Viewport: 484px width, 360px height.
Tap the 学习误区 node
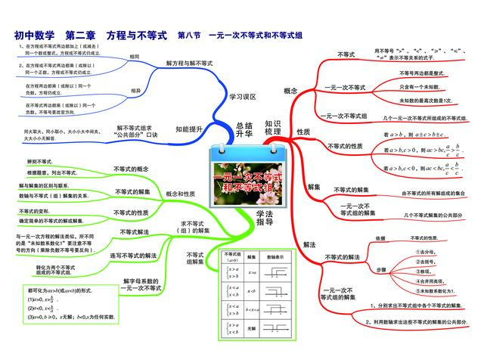point(243,97)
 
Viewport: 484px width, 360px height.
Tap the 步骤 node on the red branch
point(383,268)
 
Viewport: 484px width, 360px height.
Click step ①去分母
point(428,250)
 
